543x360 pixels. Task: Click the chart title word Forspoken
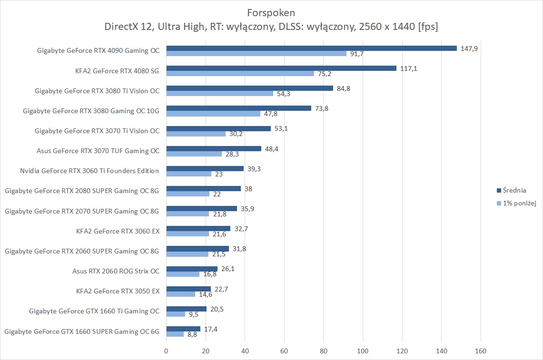(x=271, y=12)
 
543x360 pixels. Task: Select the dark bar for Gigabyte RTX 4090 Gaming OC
(x=311, y=48)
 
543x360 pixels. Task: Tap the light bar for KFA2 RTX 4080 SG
(x=240, y=73)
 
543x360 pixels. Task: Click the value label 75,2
(x=325, y=74)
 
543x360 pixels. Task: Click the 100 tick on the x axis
(x=363, y=351)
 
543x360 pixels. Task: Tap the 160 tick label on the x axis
(x=481, y=351)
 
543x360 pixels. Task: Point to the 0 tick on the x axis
(x=166, y=351)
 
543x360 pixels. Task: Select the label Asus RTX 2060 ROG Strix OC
(x=116, y=271)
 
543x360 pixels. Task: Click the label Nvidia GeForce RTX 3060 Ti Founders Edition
(x=89, y=171)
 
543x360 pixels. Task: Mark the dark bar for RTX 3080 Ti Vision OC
(x=249, y=88)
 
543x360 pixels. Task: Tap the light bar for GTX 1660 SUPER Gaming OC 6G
(x=175, y=334)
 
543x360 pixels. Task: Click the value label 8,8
(x=192, y=335)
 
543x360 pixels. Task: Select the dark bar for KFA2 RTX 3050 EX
(x=188, y=289)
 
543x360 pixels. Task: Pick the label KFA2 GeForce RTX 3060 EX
(x=118, y=231)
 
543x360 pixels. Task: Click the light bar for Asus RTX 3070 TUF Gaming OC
(x=194, y=154)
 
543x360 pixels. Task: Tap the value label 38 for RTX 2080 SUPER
(x=248, y=188)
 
